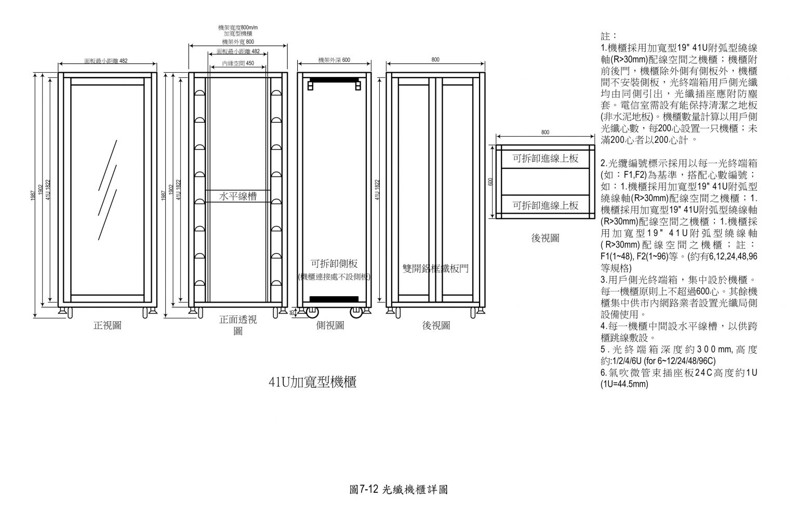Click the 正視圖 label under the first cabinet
(x=108, y=325)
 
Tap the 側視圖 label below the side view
(x=330, y=325)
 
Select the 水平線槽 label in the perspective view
(x=238, y=196)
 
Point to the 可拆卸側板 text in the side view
(x=334, y=264)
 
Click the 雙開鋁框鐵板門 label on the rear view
(x=435, y=268)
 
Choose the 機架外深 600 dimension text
(x=334, y=60)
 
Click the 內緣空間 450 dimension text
(x=238, y=63)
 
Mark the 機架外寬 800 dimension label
(x=238, y=42)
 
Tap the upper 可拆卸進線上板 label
(x=546, y=159)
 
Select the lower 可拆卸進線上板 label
(x=546, y=205)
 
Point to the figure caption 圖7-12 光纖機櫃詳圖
(x=399, y=489)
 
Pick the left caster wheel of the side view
(x=312, y=312)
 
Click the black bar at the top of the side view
(x=334, y=81)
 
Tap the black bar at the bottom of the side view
(x=334, y=298)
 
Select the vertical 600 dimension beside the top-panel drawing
(x=489, y=182)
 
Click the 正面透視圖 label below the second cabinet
(x=238, y=324)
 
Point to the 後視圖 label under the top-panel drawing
(x=545, y=238)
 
